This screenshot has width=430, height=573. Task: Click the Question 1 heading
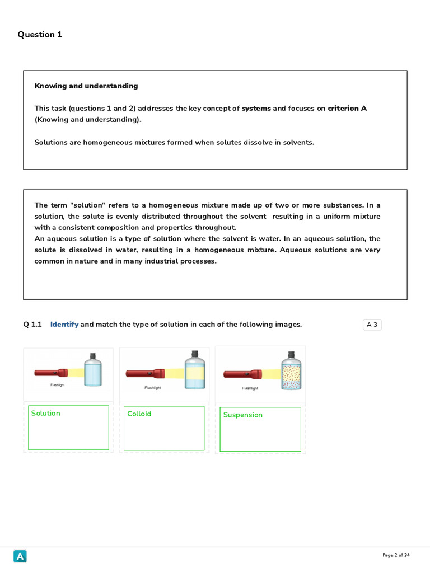point(40,35)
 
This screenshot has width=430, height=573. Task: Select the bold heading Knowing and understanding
point(86,86)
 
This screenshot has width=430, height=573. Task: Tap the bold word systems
point(256,109)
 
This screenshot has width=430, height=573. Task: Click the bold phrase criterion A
point(347,109)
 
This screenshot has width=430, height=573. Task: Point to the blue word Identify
point(64,325)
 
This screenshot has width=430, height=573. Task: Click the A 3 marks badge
point(372,325)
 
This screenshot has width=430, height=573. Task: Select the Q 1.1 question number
point(32,325)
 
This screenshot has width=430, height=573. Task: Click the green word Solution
point(45,414)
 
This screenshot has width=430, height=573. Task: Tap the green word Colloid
point(139,414)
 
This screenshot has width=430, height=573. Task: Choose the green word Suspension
point(242,415)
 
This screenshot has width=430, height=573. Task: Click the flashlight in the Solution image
point(51,372)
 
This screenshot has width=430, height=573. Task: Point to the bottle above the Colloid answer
point(195,370)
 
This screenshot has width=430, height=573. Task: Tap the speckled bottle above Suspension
point(291,370)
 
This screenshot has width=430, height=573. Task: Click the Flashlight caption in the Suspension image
point(250,388)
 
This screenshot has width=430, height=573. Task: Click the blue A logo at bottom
point(20,556)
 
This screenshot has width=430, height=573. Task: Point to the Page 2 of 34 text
point(396,555)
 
